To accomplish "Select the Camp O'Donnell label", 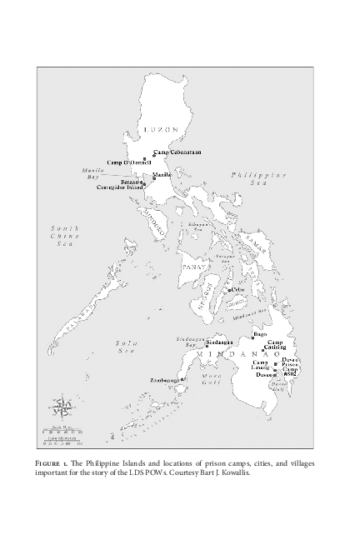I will pyautogui.click(x=124, y=161).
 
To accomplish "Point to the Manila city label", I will pyautogui.click(x=162, y=174).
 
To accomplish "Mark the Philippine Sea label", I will pyautogui.click(x=259, y=178).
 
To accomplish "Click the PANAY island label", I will pyautogui.click(x=194, y=267).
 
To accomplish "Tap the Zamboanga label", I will pyautogui.click(x=164, y=380).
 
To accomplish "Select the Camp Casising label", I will pyautogui.click(x=276, y=345).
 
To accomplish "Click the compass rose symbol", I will pyautogui.click(x=62, y=408).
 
